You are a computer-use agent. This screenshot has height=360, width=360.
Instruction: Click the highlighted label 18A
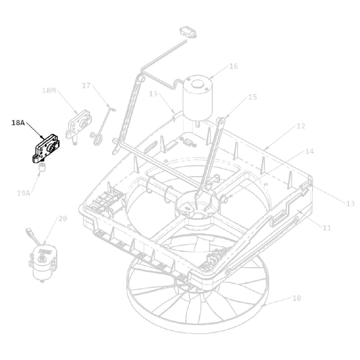click(x=18, y=123)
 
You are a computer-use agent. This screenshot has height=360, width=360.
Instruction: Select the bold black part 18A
click(x=46, y=149)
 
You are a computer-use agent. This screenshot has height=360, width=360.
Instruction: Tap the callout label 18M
click(x=49, y=90)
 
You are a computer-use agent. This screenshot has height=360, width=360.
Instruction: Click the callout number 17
click(x=86, y=86)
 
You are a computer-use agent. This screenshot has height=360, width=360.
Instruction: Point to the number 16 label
click(x=233, y=66)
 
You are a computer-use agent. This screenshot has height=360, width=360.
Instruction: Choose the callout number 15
click(x=253, y=97)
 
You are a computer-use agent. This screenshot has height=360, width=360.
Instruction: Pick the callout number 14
click(x=309, y=151)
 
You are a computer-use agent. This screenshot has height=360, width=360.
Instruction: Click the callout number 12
click(x=301, y=126)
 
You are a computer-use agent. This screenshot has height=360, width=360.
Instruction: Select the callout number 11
click(x=327, y=228)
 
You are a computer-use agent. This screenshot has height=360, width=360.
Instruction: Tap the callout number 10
click(x=296, y=298)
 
